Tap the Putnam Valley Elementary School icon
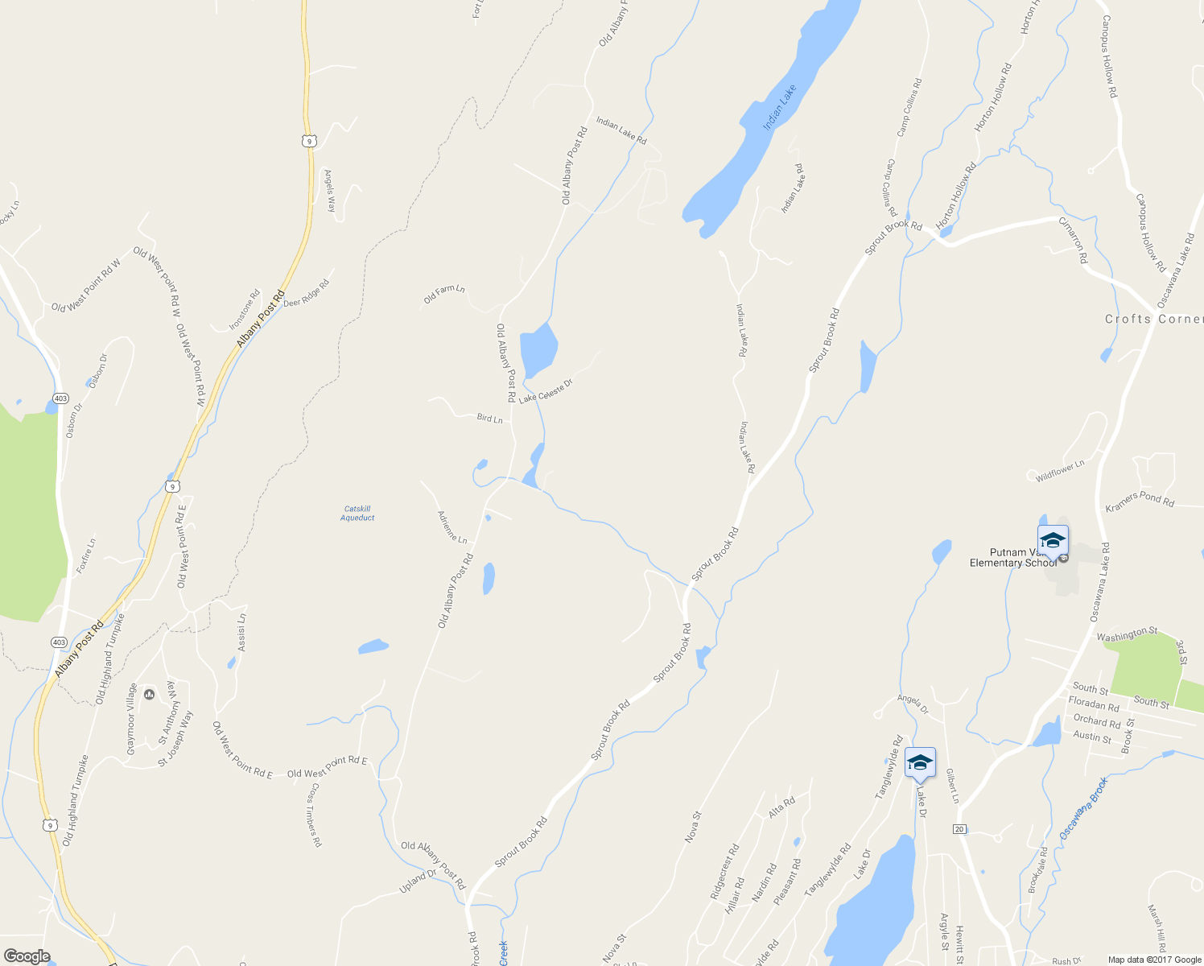click(1053, 539)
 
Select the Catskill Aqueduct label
click(357, 513)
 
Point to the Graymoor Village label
click(131, 719)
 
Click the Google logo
click(27, 956)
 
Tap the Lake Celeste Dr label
click(545, 390)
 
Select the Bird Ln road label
click(489, 418)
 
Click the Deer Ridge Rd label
click(306, 293)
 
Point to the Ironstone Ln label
click(245, 309)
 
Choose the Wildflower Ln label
click(1060, 471)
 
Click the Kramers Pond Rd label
click(1139, 500)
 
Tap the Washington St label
click(1127, 634)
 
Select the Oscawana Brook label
click(1083, 807)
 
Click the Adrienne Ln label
click(451, 526)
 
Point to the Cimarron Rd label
click(1073, 240)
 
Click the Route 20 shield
click(959, 828)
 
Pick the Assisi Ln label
click(241, 632)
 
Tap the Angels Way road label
click(329, 190)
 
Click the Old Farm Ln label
click(444, 295)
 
